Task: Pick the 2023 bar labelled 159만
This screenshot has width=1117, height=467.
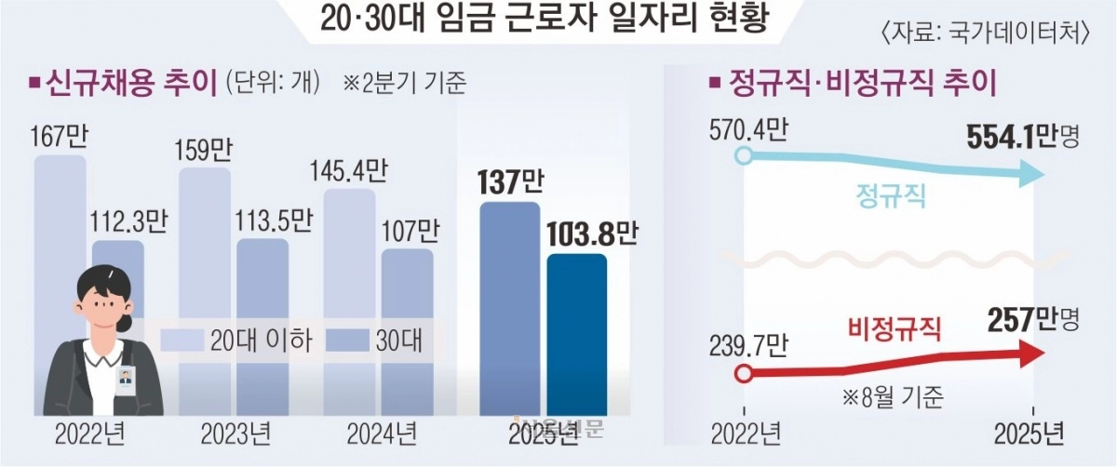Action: point(204,279)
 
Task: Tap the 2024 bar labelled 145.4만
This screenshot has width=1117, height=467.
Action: point(349,279)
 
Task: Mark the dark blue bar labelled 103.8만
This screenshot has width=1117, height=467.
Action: point(576,335)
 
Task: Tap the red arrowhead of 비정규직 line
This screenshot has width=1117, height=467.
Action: point(1031,354)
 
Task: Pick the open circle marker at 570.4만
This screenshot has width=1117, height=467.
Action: point(743,154)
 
